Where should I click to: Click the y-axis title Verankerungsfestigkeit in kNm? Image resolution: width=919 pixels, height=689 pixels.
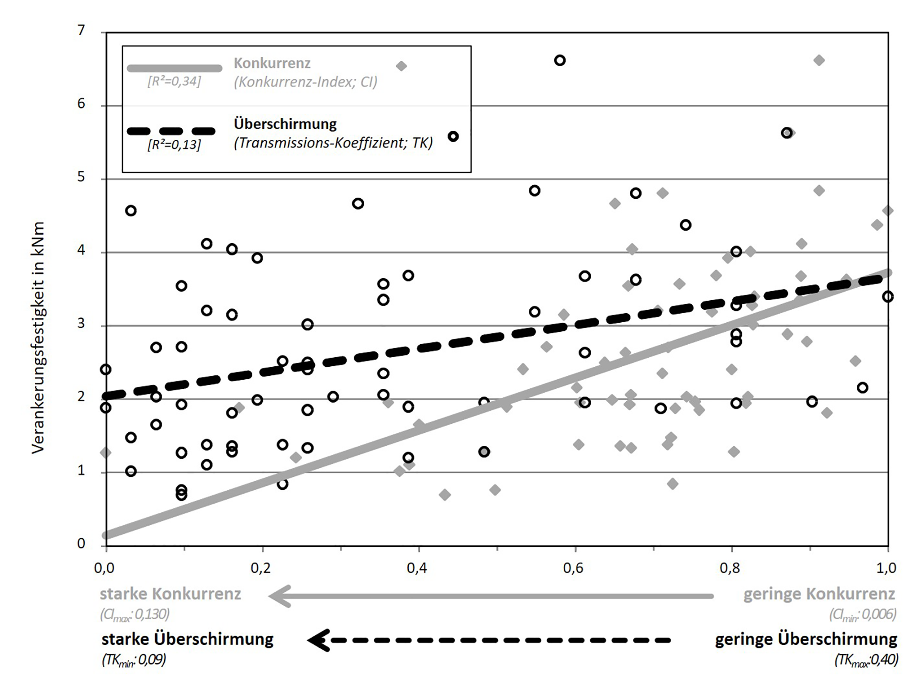38,337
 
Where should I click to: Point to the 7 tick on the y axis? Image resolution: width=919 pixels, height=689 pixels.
81,31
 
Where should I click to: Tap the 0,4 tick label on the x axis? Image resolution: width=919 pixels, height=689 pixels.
417,568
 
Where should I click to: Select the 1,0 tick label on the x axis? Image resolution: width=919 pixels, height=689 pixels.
886,568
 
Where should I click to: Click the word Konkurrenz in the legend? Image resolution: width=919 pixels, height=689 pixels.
272,63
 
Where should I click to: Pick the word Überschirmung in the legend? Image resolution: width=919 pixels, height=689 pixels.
285,124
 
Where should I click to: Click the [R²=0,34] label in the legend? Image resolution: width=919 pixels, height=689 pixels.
174,82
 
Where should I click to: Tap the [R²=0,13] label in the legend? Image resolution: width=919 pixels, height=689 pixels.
174,145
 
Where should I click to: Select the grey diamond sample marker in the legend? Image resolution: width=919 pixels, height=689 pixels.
402,66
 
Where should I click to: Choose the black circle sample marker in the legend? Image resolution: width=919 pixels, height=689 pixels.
453,136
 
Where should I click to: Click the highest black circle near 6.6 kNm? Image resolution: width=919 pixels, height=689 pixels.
560,60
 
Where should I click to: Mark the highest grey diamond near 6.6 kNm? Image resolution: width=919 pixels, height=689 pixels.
819,60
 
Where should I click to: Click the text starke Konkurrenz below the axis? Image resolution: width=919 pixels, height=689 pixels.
170,594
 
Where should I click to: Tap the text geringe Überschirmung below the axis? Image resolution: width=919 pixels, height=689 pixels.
806,640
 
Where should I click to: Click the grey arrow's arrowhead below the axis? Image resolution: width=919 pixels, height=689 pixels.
279,596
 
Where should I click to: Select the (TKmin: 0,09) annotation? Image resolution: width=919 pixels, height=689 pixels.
134,660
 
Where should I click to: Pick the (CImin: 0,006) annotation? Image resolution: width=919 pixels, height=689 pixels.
863,614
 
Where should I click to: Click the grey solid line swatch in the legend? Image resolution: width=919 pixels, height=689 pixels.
175,68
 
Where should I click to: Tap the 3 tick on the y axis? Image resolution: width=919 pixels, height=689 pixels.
81,324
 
